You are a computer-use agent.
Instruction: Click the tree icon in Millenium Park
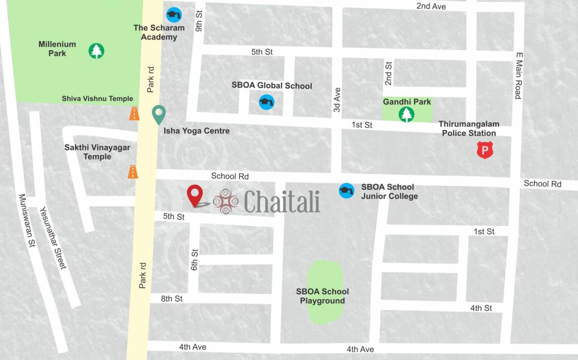[97, 51]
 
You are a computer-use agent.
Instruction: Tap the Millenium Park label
[57, 49]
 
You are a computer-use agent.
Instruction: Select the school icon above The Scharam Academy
[174, 15]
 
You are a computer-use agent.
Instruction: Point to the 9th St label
[199, 21]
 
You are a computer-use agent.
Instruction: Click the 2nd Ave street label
[431, 6]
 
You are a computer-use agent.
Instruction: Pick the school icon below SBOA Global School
[267, 102]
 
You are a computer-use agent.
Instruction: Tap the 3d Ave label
[337, 99]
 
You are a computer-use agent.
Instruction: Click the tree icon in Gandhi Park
[406, 114]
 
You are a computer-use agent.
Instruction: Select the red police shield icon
[485, 150]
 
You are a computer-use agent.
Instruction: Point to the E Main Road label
[518, 75]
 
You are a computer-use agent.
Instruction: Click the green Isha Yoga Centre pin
[159, 114]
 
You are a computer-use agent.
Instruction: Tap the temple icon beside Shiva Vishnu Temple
[135, 113]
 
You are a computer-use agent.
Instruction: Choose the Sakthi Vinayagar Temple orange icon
[133, 172]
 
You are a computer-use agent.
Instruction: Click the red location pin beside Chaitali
[195, 195]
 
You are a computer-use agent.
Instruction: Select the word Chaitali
[282, 202]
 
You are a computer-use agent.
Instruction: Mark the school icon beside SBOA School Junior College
[346, 190]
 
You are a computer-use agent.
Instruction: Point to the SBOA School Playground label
[323, 296]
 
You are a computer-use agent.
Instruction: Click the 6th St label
[195, 260]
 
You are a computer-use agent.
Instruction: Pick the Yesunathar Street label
[53, 238]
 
